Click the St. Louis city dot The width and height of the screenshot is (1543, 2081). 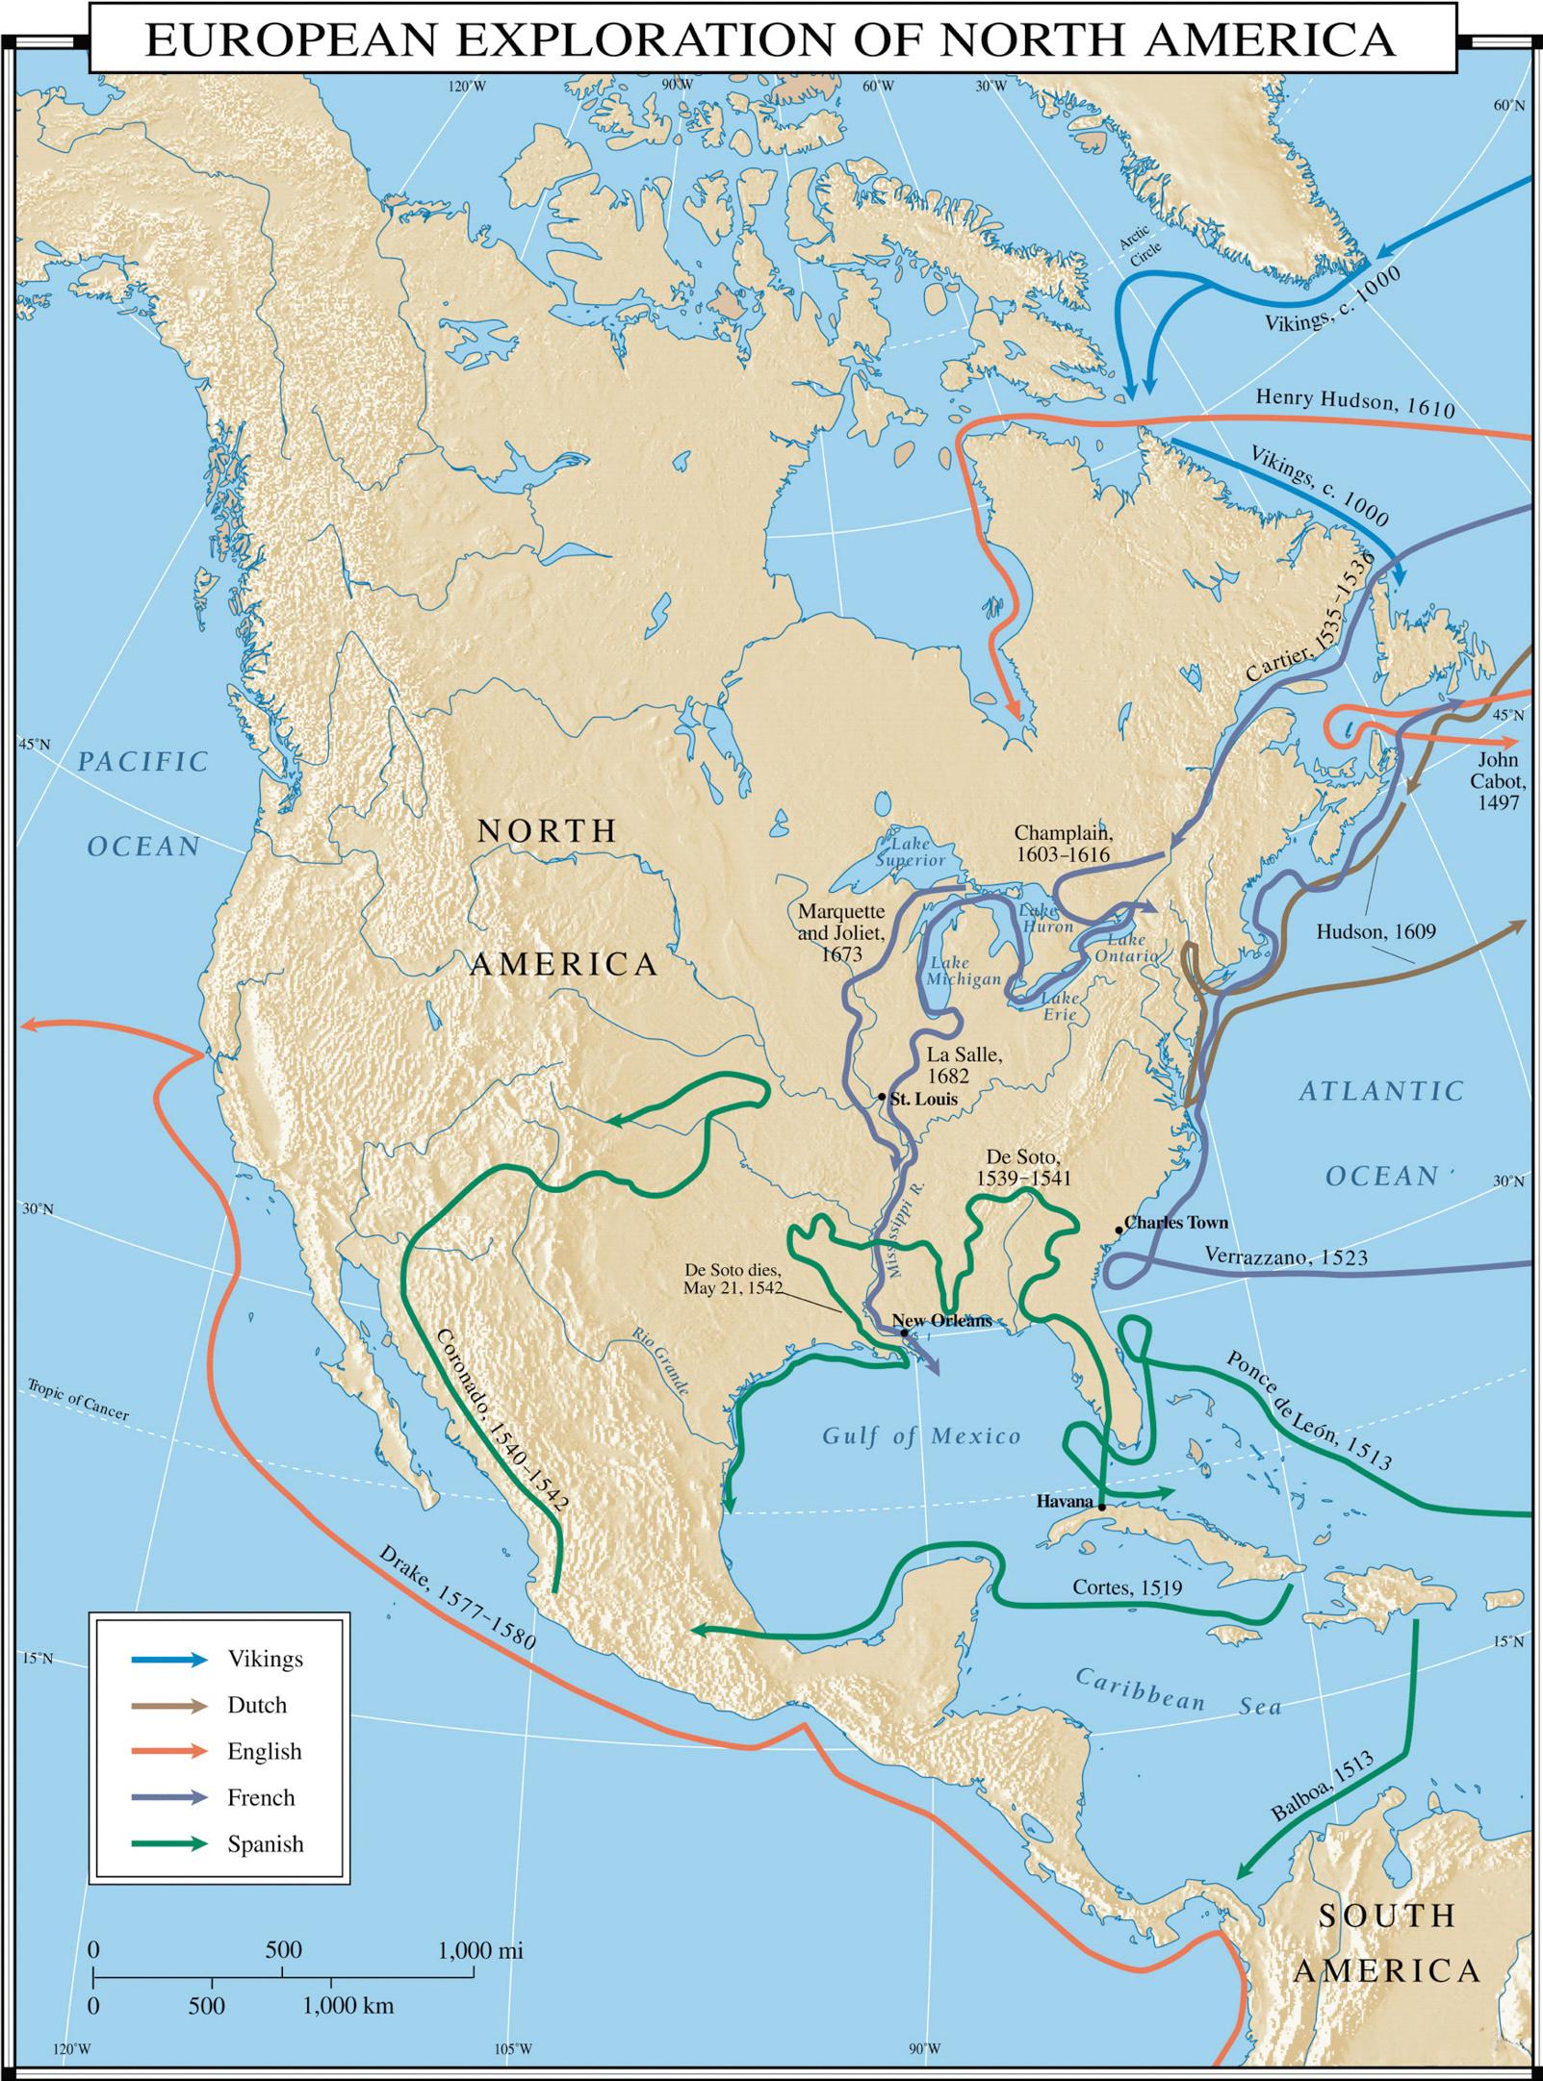pos(882,1097)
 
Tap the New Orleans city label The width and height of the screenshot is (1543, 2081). pos(941,1321)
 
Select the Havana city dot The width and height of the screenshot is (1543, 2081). pos(1101,1506)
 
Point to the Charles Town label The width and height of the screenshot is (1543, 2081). pos(1175,1223)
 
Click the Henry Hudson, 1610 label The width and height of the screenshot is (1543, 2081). pos(1354,402)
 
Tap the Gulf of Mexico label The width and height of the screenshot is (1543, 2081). pos(921,1436)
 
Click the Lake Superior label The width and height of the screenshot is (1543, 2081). pos(910,850)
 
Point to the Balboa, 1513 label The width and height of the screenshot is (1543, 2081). pos(1323,1787)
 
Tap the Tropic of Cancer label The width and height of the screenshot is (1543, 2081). pos(77,1399)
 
